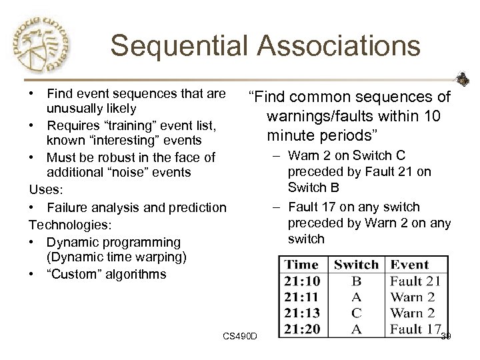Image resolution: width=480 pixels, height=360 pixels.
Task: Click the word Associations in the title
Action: click(339, 46)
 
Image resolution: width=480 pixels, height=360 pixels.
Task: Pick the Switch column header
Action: click(356, 265)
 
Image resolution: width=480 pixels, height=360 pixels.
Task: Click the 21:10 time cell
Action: click(301, 281)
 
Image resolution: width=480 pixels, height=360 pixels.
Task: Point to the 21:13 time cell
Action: click(301, 312)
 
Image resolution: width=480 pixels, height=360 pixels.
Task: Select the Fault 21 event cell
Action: click(415, 281)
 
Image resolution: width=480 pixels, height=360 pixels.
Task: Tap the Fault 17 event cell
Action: click(415, 328)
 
